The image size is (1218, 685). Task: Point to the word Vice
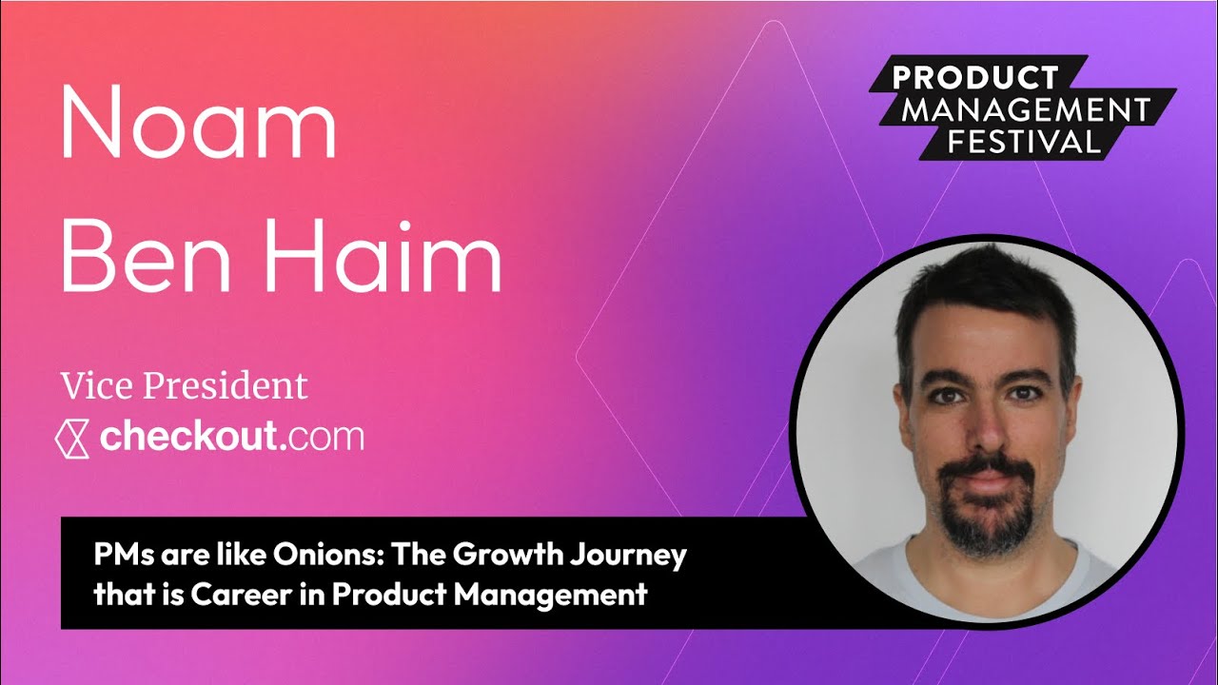click(97, 386)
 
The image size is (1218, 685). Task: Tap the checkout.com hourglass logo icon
click(72, 438)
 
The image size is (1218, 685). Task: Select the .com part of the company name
click(323, 439)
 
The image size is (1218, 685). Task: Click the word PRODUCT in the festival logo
click(976, 78)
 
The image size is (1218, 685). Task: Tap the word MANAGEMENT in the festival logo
click(1026, 109)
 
